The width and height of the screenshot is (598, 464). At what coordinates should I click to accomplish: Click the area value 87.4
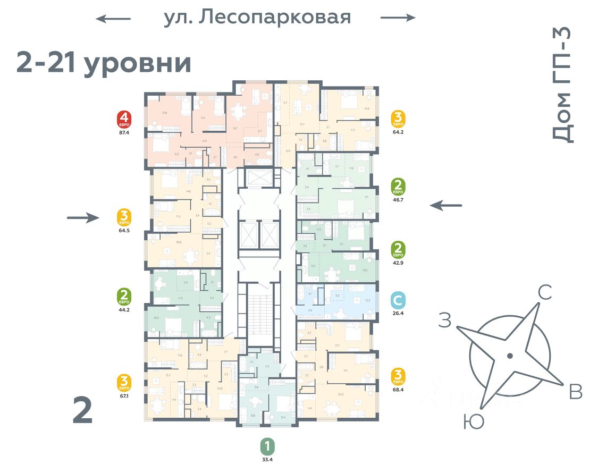(125, 134)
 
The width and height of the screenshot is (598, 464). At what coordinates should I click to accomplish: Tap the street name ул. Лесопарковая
(257, 18)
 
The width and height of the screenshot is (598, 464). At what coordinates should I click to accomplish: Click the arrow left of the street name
(113, 19)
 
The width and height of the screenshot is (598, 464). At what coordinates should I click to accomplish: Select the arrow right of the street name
(398, 18)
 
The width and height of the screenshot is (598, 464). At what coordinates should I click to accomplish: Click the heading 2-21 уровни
(104, 63)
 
